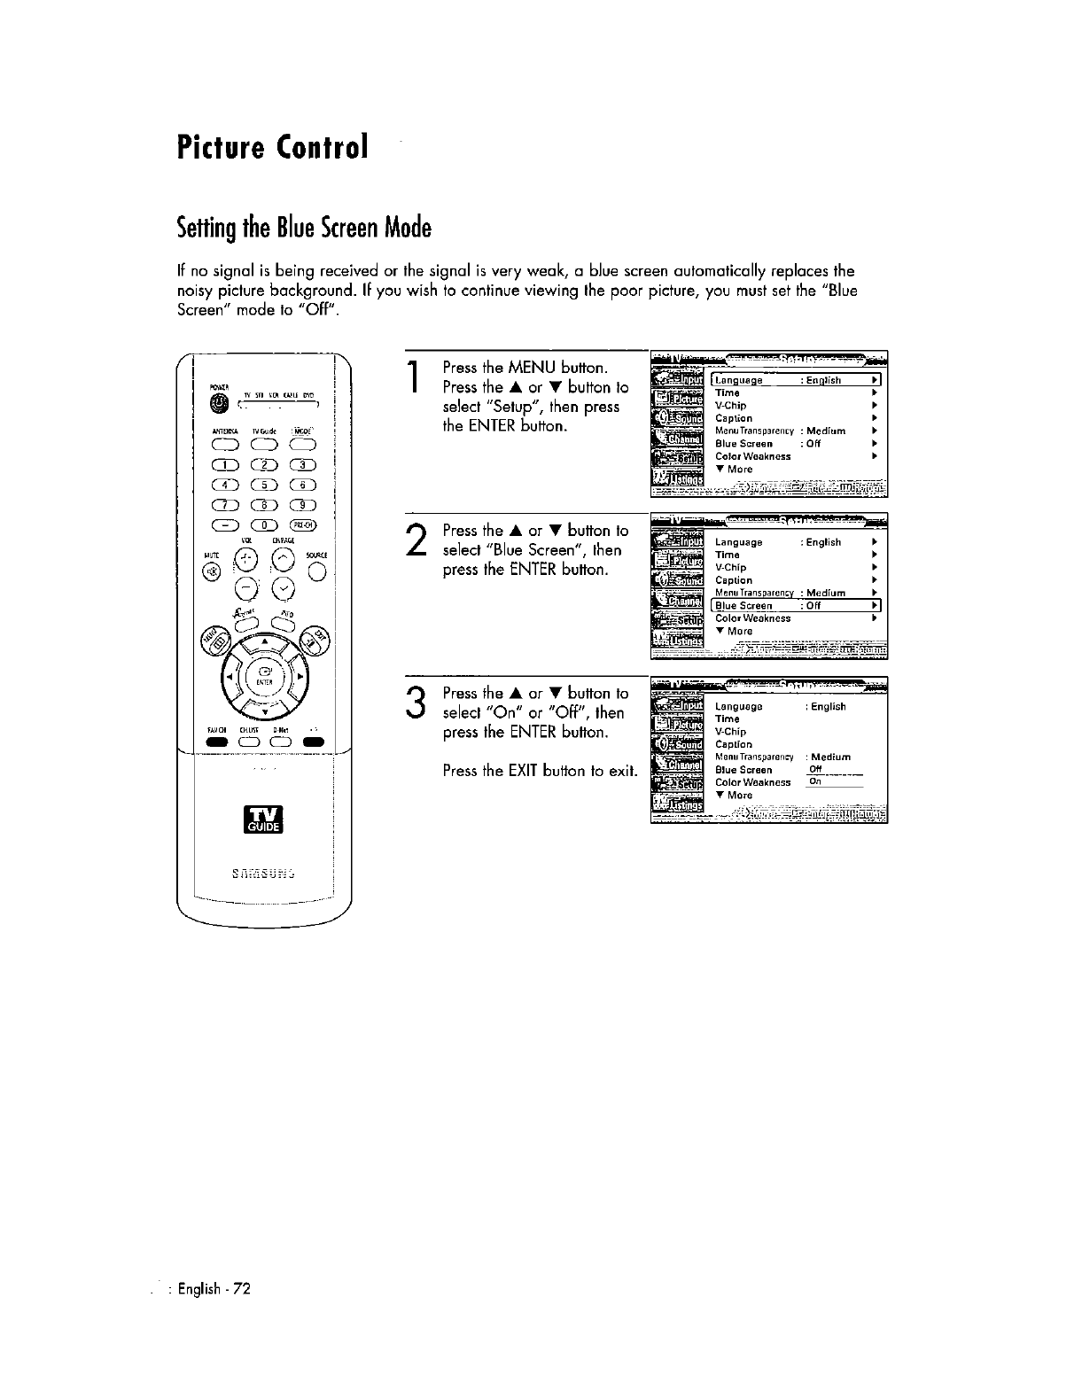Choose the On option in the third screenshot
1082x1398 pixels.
[x=815, y=782]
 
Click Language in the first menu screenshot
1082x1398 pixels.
[x=739, y=380]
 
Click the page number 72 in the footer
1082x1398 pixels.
[x=243, y=1288]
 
